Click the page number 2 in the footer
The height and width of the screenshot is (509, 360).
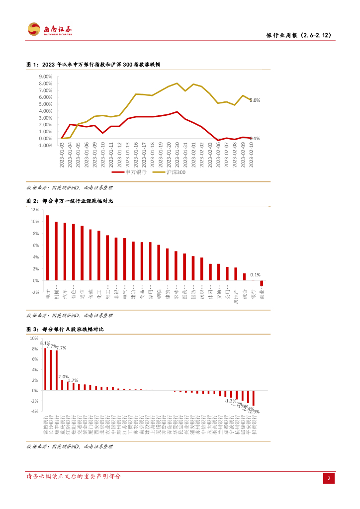point(329,478)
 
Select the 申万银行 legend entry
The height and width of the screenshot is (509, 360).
point(129,171)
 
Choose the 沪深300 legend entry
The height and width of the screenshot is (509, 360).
point(170,171)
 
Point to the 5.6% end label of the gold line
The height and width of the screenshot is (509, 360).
point(255,100)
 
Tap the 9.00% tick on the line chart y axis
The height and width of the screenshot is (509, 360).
point(45,77)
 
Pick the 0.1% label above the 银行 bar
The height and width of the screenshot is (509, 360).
point(255,274)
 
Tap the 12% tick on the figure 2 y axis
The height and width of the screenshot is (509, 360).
point(35,210)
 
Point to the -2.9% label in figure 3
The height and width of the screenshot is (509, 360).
point(254,412)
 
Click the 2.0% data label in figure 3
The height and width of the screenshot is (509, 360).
point(63,377)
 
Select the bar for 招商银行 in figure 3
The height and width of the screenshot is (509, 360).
point(254,398)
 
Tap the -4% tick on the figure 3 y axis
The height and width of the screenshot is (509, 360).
point(34,412)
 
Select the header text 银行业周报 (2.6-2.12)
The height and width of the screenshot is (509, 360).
point(299,35)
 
